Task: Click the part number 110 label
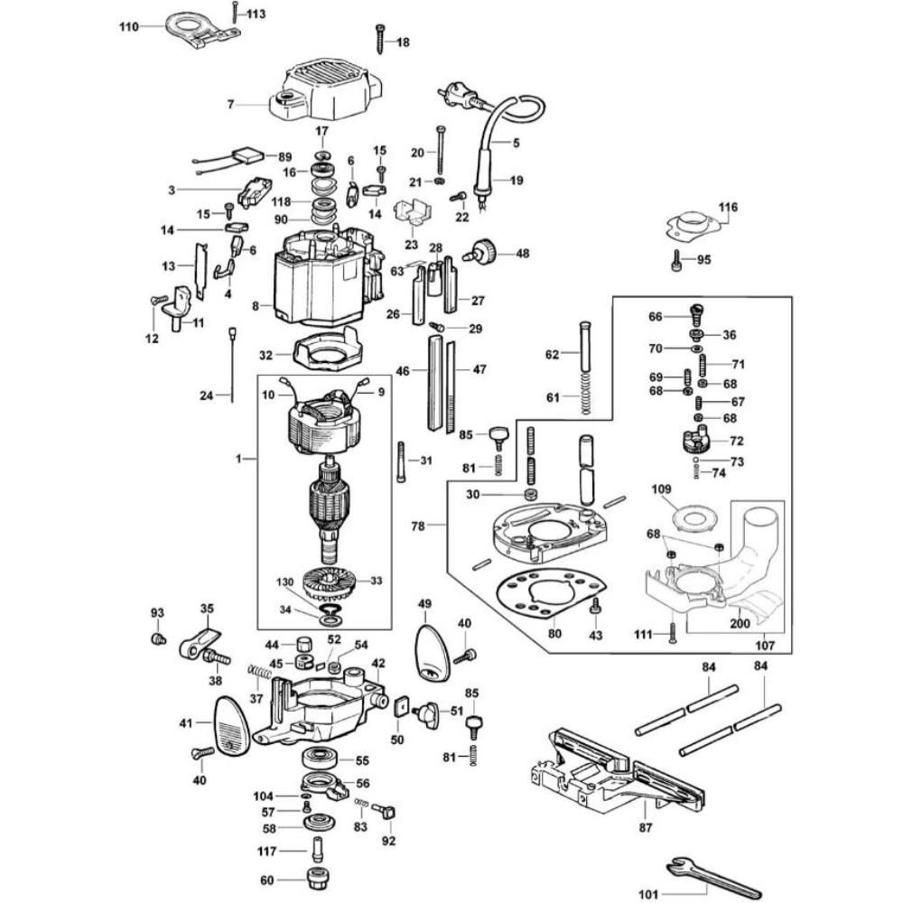[129, 26]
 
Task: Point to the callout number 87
[646, 827]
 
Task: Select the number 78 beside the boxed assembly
[418, 526]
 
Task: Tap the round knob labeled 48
[480, 254]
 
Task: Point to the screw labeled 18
[380, 39]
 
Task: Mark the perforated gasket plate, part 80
[552, 594]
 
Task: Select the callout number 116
[727, 207]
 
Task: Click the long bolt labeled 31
[401, 461]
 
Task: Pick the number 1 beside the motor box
[238, 459]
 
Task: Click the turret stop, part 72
[697, 440]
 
